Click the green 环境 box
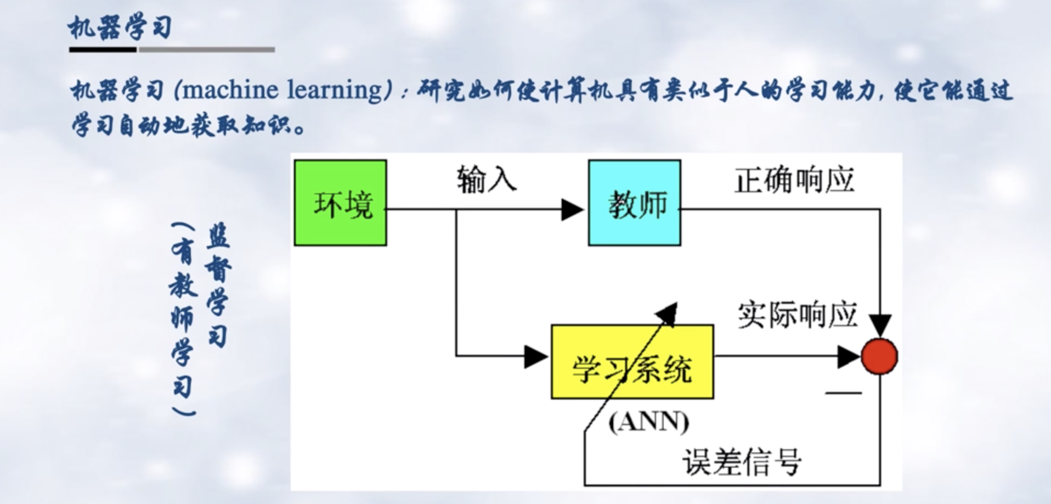tap(340, 203)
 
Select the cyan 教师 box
tap(635, 203)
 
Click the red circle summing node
tap(879, 357)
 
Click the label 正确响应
tap(794, 180)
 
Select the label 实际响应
tap(796, 315)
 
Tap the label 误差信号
tap(742, 462)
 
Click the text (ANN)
tap(648, 422)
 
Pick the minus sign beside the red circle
tap(843, 393)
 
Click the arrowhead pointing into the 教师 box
tap(573, 209)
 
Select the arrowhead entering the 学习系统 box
tap(536, 356)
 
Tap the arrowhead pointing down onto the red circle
tap(880, 325)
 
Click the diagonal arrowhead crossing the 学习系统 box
tap(668, 313)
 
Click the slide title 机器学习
tap(120, 27)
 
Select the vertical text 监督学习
tap(218, 285)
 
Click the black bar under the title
tap(103, 49)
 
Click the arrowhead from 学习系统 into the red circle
tap(848, 357)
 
